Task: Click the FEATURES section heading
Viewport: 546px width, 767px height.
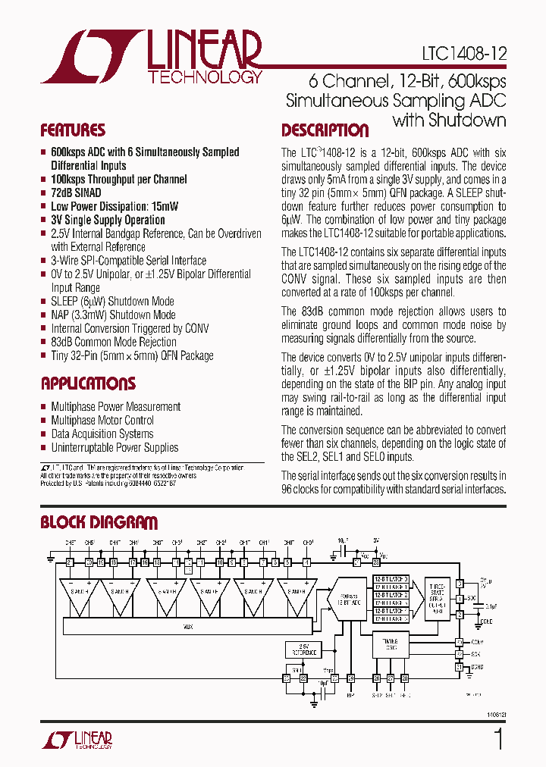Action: pyautogui.click(x=73, y=130)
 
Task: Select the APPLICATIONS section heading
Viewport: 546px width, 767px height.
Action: pyautogui.click(x=88, y=383)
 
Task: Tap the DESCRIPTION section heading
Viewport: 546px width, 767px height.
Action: pyautogui.click(x=325, y=130)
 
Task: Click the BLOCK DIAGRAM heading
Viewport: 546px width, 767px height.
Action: pyautogui.click(x=99, y=522)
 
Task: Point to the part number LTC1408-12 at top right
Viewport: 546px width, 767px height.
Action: pyautogui.click(x=464, y=55)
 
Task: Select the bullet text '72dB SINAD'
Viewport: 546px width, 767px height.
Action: pyautogui.click(x=76, y=193)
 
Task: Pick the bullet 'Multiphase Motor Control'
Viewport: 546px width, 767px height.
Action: pyautogui.click(x=102, y=421)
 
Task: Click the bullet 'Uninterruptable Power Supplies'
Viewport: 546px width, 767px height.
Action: pyautogui.click(x=115, y=448)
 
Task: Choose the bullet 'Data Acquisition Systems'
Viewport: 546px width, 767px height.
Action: pyautogui.click(x=102, y=434)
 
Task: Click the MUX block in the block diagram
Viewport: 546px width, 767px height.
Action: pyautogui.click(x=188, y=627)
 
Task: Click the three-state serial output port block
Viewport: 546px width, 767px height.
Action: pyautogui.click(x=438, y=600)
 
